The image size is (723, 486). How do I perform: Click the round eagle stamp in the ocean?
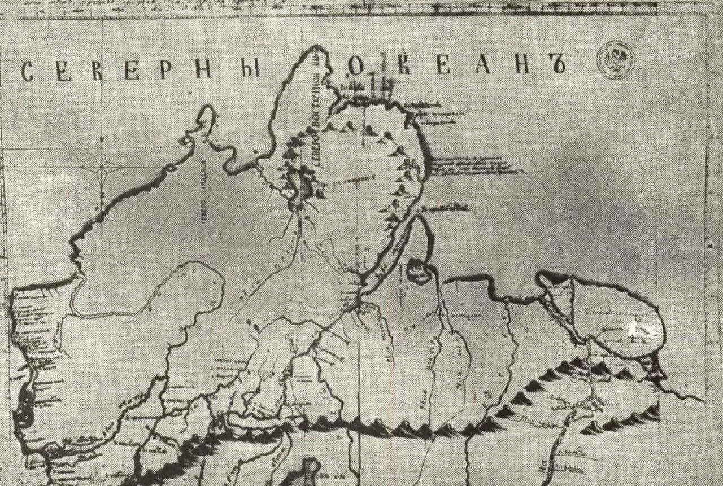616,60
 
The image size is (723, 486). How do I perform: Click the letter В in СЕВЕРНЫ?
99,71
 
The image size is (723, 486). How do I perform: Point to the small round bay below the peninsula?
419,270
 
